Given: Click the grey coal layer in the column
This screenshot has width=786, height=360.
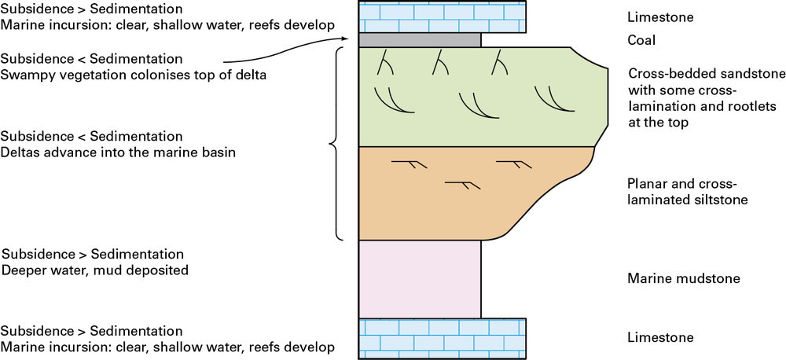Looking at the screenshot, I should coord(420,39).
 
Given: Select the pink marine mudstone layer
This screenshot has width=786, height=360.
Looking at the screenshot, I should coord(420,278).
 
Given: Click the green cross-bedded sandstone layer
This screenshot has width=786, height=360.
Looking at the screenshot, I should coord(472,97).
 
